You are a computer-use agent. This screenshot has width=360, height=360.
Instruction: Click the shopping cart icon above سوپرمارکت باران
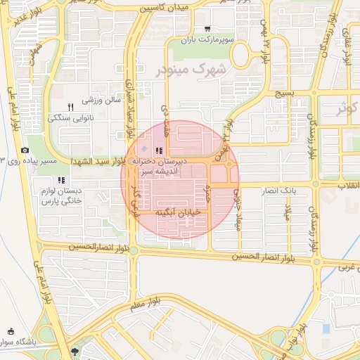pyautogui.click(x=207, y=29)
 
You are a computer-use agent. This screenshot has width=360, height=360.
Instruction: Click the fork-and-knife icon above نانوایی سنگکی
pyautogui.click(x=70, y=107)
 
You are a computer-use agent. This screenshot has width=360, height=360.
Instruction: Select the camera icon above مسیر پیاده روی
pyautogui.click(x=25, y=150)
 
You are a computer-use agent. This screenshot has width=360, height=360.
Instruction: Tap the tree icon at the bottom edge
pyautogui.click(x=75, y=351)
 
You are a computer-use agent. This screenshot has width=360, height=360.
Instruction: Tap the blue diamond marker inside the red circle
pyautogui.click(x=144, y=150)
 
